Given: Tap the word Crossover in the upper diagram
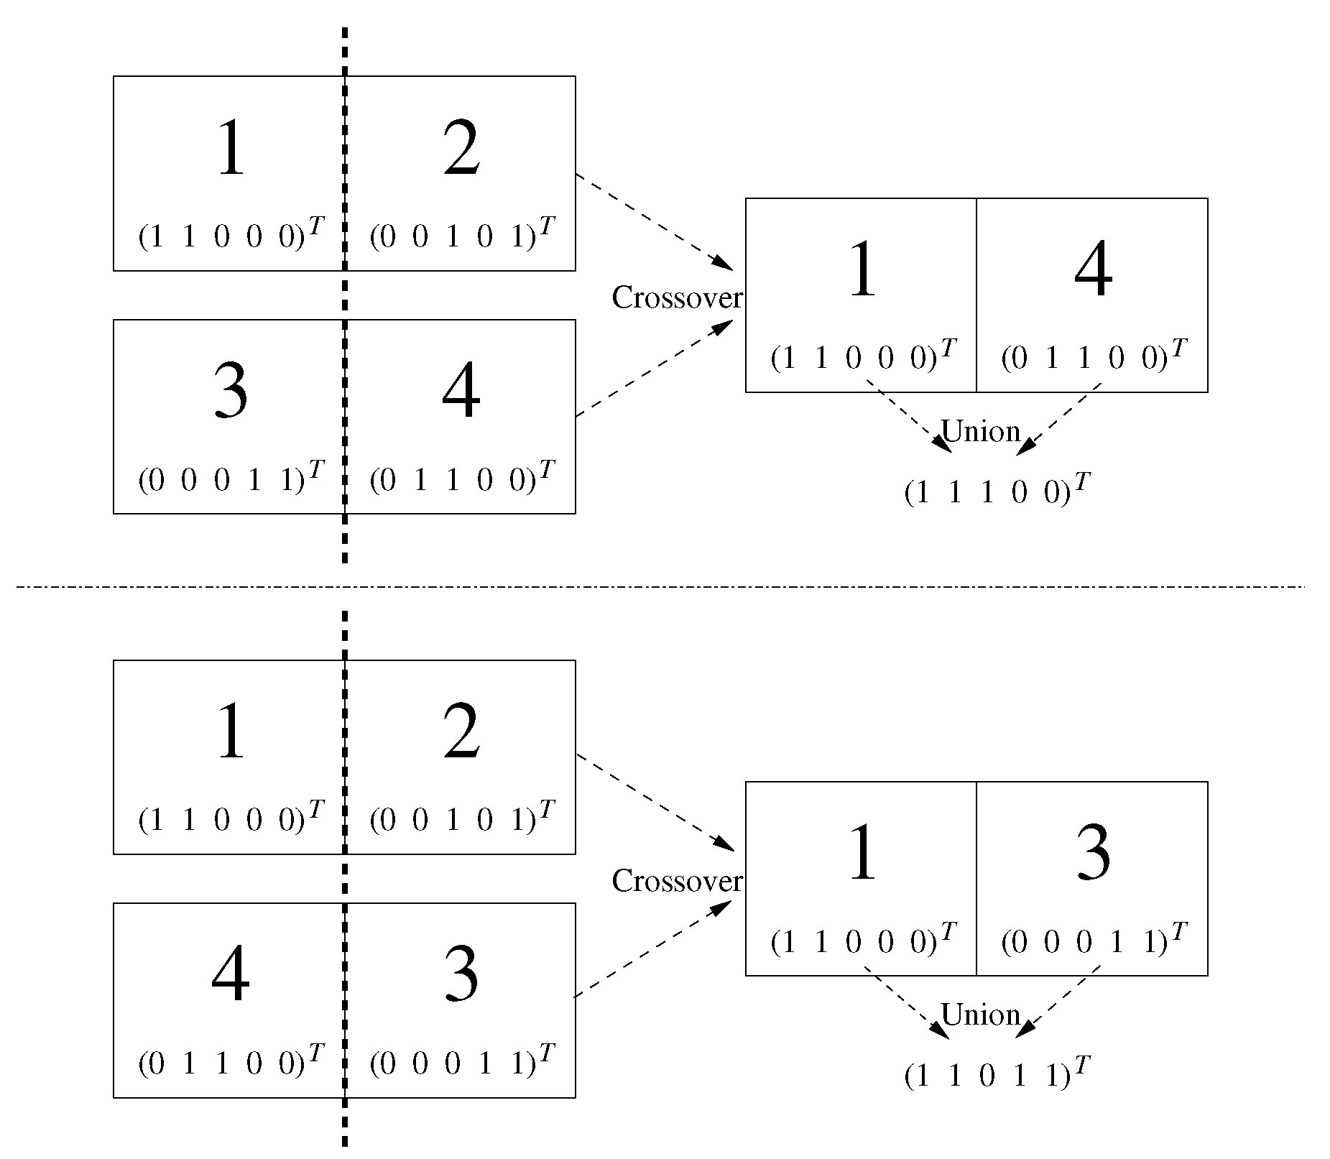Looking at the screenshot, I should pos(676,297).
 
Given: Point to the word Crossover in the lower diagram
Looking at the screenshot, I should pos(676,881).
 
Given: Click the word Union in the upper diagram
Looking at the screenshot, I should pos(980,431).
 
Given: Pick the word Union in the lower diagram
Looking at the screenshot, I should pos(980,1015).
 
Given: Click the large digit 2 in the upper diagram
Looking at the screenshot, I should pos(461,149).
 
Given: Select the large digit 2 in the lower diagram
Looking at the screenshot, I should pos(461,733).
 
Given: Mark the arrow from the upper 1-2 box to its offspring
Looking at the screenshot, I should pos(654,221).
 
